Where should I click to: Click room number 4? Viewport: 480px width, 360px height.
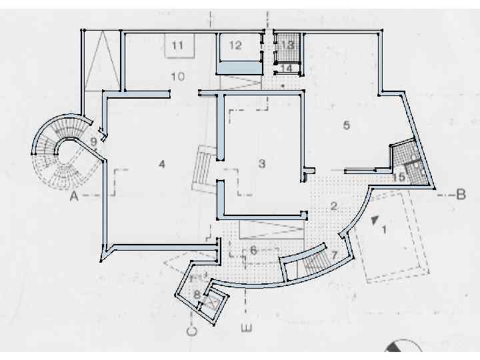pos(162,165)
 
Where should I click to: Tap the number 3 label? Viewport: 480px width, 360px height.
pos(262,163)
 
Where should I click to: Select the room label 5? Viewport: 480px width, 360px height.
pos(347,125)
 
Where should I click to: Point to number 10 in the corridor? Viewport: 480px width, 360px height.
pos(178,76)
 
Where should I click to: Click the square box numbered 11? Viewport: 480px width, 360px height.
pos(179,45)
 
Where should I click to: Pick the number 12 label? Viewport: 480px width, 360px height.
pos(235,45)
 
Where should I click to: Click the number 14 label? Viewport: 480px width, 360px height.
pos(287,68)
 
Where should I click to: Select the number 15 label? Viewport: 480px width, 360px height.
pos(399,177)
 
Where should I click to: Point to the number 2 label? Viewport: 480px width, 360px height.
pos(334,206)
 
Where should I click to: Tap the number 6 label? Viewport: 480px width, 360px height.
pos(253,251)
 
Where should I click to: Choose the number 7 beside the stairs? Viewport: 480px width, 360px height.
pos(334,255)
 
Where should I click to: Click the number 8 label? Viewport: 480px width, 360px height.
pos(197,295)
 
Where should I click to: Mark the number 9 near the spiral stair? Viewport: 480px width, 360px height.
pos(94,142)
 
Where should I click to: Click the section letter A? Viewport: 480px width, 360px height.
pos(74,196)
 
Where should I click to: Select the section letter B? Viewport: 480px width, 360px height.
pos(461,195)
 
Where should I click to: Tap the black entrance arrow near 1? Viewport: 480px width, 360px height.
pos(375,220)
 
